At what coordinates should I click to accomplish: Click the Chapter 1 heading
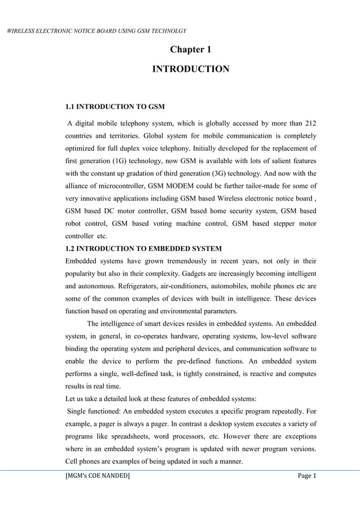(191, 50)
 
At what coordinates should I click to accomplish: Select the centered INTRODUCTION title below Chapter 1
(191, 69)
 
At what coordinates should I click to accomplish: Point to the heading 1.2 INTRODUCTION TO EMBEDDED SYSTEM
(144, 249)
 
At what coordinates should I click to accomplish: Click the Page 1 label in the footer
(308, 479)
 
